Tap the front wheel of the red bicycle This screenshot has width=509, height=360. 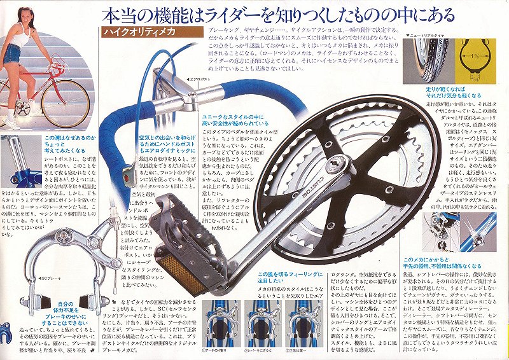[65, 102]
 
